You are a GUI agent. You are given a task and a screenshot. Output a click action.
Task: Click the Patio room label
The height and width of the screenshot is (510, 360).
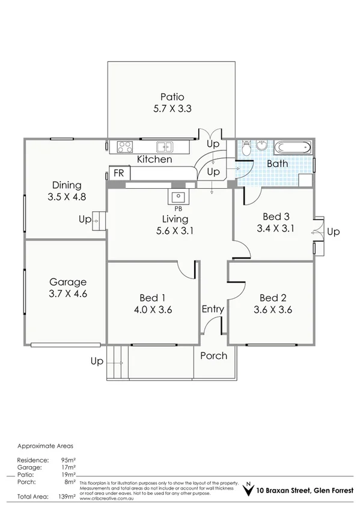(172, 97)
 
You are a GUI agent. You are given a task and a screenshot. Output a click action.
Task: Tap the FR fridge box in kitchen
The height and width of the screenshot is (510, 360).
(119, 173)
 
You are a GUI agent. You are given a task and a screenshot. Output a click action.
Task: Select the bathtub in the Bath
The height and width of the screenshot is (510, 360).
(293, 147)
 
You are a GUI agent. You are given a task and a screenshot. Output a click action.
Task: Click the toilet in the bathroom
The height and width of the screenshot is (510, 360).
(262, 146)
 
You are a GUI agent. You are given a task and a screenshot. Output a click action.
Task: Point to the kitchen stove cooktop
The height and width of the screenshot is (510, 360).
(125, 146)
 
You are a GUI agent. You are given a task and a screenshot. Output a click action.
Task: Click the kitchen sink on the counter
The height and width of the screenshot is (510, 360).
(163, 146)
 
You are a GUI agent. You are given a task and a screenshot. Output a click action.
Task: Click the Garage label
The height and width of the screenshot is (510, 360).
(68, 281)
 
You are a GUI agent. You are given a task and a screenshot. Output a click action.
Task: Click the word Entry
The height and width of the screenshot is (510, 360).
(213, 309)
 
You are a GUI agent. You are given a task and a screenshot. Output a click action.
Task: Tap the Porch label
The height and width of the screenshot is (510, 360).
(213, 355)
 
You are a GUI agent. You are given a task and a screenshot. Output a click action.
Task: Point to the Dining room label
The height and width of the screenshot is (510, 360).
(66, 185)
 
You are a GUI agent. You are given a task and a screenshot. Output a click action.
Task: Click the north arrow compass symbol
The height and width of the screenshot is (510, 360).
(246, 489)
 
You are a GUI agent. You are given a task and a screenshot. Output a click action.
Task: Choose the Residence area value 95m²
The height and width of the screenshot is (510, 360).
(68, 459)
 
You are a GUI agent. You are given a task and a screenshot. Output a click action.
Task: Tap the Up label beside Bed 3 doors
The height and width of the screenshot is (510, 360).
(333, 232)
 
